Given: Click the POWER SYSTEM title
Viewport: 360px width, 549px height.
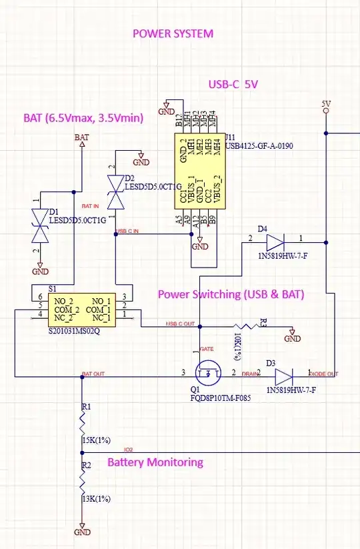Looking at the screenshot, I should (x=173, y=33).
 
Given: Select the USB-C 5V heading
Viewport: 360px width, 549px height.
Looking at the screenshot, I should (x=233, y=84).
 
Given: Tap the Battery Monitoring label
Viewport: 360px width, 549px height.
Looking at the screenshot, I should (x=155, y=462).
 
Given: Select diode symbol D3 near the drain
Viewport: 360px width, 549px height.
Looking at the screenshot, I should (x=274, y=374).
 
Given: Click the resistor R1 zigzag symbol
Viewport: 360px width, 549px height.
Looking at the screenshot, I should (x=82, y=422).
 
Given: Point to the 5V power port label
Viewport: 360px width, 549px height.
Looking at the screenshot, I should (x=326, y=104).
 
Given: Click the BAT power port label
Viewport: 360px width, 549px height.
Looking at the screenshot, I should (x=82, y=137).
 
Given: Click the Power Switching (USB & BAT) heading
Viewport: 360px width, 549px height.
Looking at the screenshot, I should (x=231, y=294).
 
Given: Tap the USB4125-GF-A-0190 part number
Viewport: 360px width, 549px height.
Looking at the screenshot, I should (x=259, y=145).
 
